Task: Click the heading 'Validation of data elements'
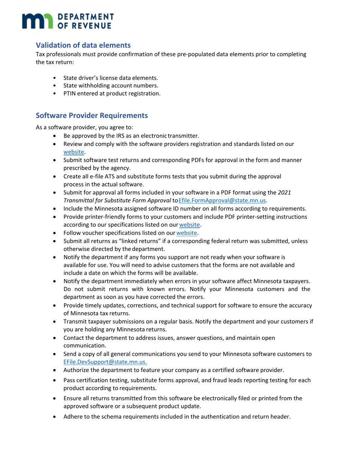point(83,45)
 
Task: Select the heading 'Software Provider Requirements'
point(92,115)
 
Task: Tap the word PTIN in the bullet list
point(70,93)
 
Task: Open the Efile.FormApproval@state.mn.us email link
point(219,200)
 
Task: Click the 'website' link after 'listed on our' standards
point(74,152)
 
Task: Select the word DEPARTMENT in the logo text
point(85,17)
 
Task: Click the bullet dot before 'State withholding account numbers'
point(55,86)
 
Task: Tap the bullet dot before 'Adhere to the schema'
point(56,417)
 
